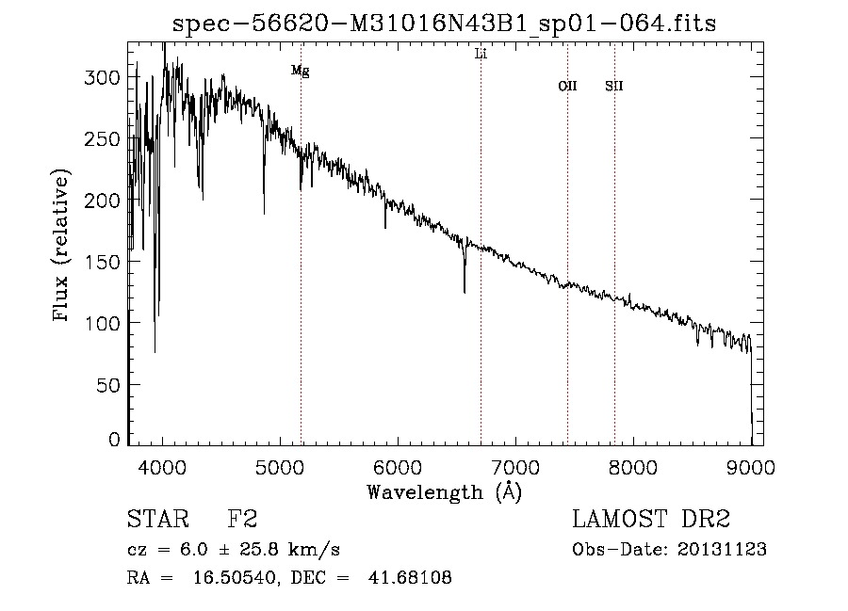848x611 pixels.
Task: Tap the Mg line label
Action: pyautogui.click(x=300, y=71)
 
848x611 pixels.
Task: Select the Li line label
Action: pyautogui.click(x=481, y=55)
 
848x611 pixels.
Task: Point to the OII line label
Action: pyautogui.click(x=567, y=87)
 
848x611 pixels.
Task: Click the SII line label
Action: pyautogui.click(x=614, y=87)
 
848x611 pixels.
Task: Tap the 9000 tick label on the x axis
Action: pyautogui.click(x=750, y=466)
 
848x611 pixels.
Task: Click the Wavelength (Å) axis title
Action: pyautogui.click(x=444, y=490)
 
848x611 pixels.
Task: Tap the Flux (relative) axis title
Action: pyautogui.click(x=63, y=247)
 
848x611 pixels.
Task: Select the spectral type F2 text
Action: pyautogui.click(x=243, y=521)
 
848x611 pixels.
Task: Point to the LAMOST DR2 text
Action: pyautogui.click(x=651, y=521)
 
